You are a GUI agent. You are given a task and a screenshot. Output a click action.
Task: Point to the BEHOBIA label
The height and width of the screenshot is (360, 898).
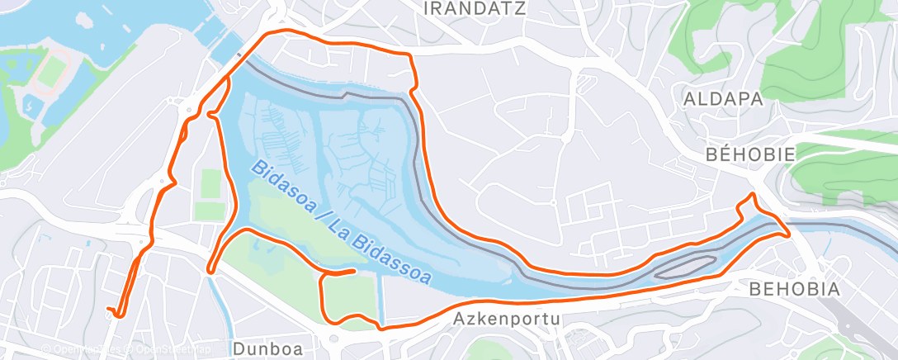tap(794, 289)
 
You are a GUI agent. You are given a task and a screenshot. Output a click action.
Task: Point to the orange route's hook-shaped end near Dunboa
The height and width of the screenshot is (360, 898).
tap(116, 312)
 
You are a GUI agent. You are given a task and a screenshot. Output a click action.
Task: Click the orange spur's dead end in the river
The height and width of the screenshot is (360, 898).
tap(353, 270)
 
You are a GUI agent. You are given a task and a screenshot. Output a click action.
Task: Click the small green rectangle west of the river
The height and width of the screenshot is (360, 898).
tap(211, 183)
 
